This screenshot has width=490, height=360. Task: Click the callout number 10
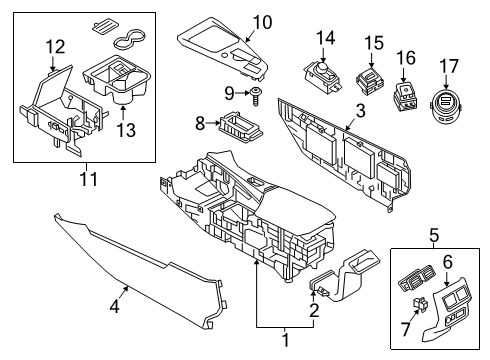click(x=261, y=22)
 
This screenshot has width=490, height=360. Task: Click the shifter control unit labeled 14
click(x=323, y=74)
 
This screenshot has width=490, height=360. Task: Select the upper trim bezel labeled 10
click(x=225, y=51)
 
